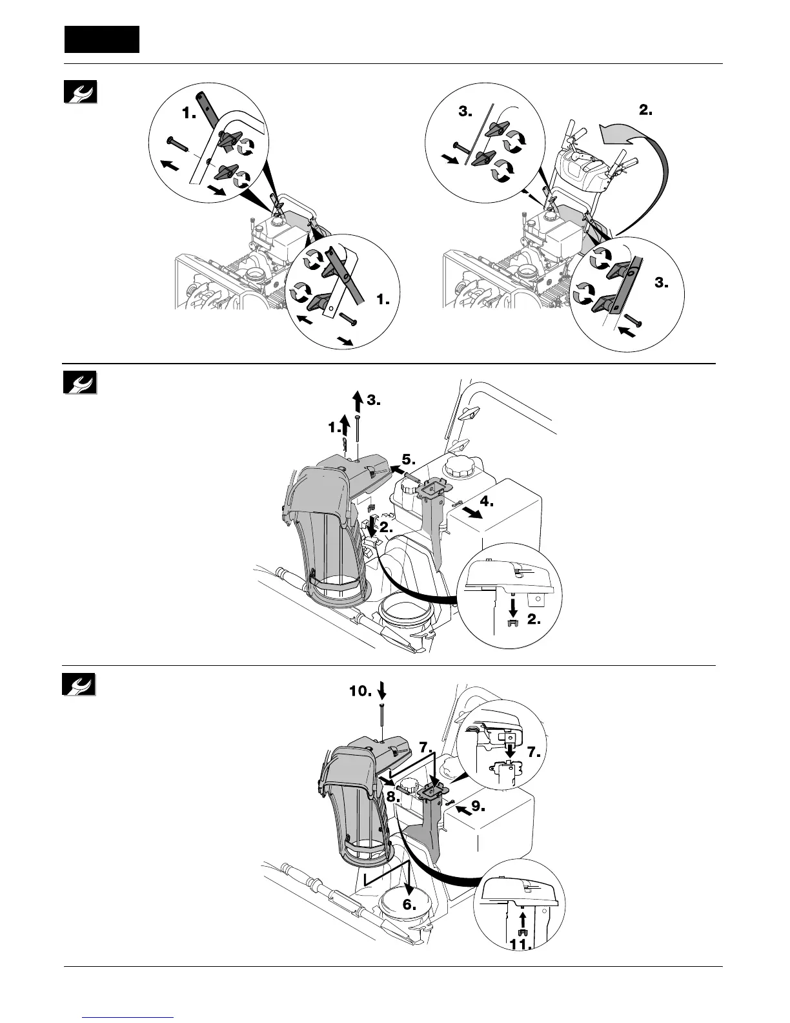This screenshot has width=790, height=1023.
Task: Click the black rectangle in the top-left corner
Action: click(102, 39)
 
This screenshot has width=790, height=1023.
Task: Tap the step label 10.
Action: click(360, 691)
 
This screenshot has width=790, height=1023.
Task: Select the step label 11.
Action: click(520, 945)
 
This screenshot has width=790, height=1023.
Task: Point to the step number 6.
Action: click(410, 904)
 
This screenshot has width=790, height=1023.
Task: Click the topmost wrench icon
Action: click(80, 92)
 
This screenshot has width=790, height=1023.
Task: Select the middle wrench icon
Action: click(80, 382)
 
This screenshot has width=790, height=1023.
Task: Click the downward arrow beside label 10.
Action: click(382, 691)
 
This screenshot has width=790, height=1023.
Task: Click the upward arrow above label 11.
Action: click(523, 917)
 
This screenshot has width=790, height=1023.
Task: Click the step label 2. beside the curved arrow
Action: click(645, 110)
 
